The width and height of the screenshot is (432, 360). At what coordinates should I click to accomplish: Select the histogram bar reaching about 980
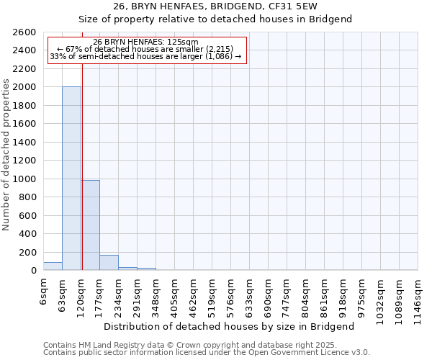click(90, 225)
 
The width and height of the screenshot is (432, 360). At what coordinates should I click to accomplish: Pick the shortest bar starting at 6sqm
click(53, 266)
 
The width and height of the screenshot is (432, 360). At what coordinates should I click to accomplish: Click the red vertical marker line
click(82, 166)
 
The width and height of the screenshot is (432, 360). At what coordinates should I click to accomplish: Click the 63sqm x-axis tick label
click(62, 294)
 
